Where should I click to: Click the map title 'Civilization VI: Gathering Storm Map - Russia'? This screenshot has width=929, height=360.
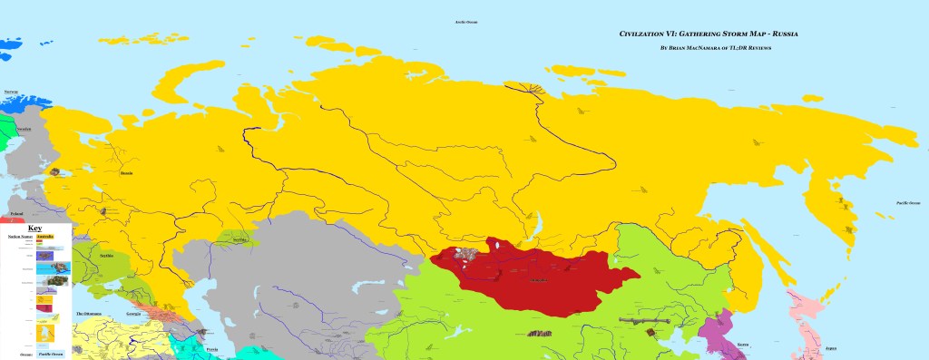(x=695, y=33)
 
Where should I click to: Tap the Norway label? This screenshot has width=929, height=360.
(x=11, y=92)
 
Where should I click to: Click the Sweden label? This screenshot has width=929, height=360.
(x=24, y=129)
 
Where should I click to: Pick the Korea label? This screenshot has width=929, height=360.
(x=743, y=345)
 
